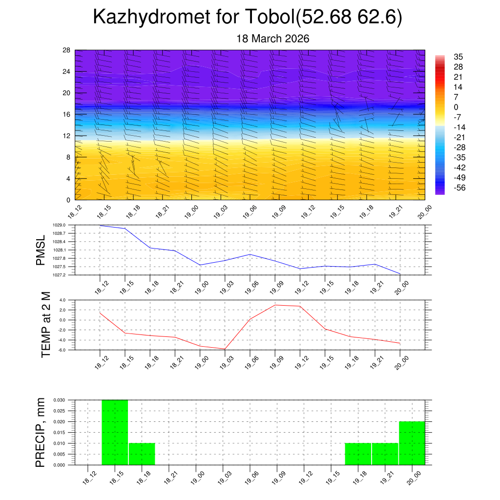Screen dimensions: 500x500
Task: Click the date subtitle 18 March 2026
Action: click(x=273, y=39)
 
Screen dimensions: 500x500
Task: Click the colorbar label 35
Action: click(x=458, y=57)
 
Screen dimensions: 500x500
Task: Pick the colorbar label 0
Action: click(x=456, y=107)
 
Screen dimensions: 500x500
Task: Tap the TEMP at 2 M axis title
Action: click(x=46, y=324)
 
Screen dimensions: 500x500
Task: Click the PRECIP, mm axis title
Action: click(x=41, y=432)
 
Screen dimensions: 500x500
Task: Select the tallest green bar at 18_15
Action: click(x=115, y=432)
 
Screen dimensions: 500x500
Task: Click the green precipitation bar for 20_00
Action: click(x=412, y=443)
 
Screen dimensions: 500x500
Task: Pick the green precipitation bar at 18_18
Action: click(x=142, y=454)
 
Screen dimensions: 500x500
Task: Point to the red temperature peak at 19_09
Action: click(x=275, y=305)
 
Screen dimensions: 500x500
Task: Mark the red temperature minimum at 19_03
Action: click(x=225, y=349)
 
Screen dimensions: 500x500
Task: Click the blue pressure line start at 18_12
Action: click(x=100, y=226)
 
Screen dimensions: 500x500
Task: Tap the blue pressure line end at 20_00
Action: click(x=400, y=274)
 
